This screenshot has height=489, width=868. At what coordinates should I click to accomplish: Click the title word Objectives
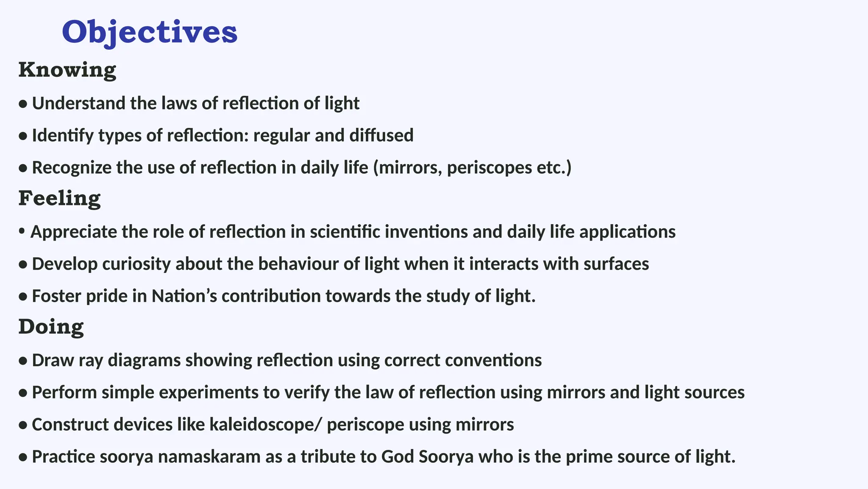click(x=149, y=32)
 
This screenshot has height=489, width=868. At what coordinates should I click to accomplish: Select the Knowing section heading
click(x=67, y=70)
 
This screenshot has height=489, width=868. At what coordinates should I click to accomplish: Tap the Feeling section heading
click(x=59, y=198)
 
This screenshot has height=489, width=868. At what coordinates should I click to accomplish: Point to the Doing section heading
click(x=51, y=327)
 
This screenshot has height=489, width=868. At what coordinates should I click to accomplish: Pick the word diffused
click(x=381, y=135)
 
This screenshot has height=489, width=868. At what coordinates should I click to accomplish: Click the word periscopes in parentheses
click(x=489, y=168)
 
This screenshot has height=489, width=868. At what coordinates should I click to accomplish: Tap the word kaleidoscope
click(x=262, y=424)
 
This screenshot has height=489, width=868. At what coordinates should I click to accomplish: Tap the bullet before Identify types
click(x=23, y=136)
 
